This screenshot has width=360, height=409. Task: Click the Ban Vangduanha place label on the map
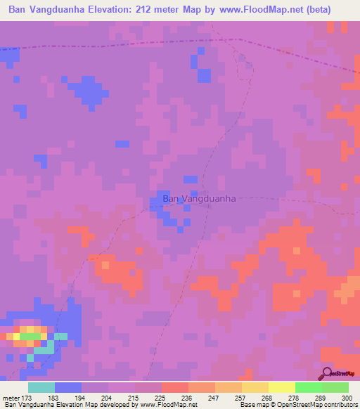(x=199, y=199)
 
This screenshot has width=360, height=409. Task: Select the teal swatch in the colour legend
(x=41, y=387)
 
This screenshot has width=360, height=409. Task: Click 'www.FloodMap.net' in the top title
(x=250, y=11)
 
